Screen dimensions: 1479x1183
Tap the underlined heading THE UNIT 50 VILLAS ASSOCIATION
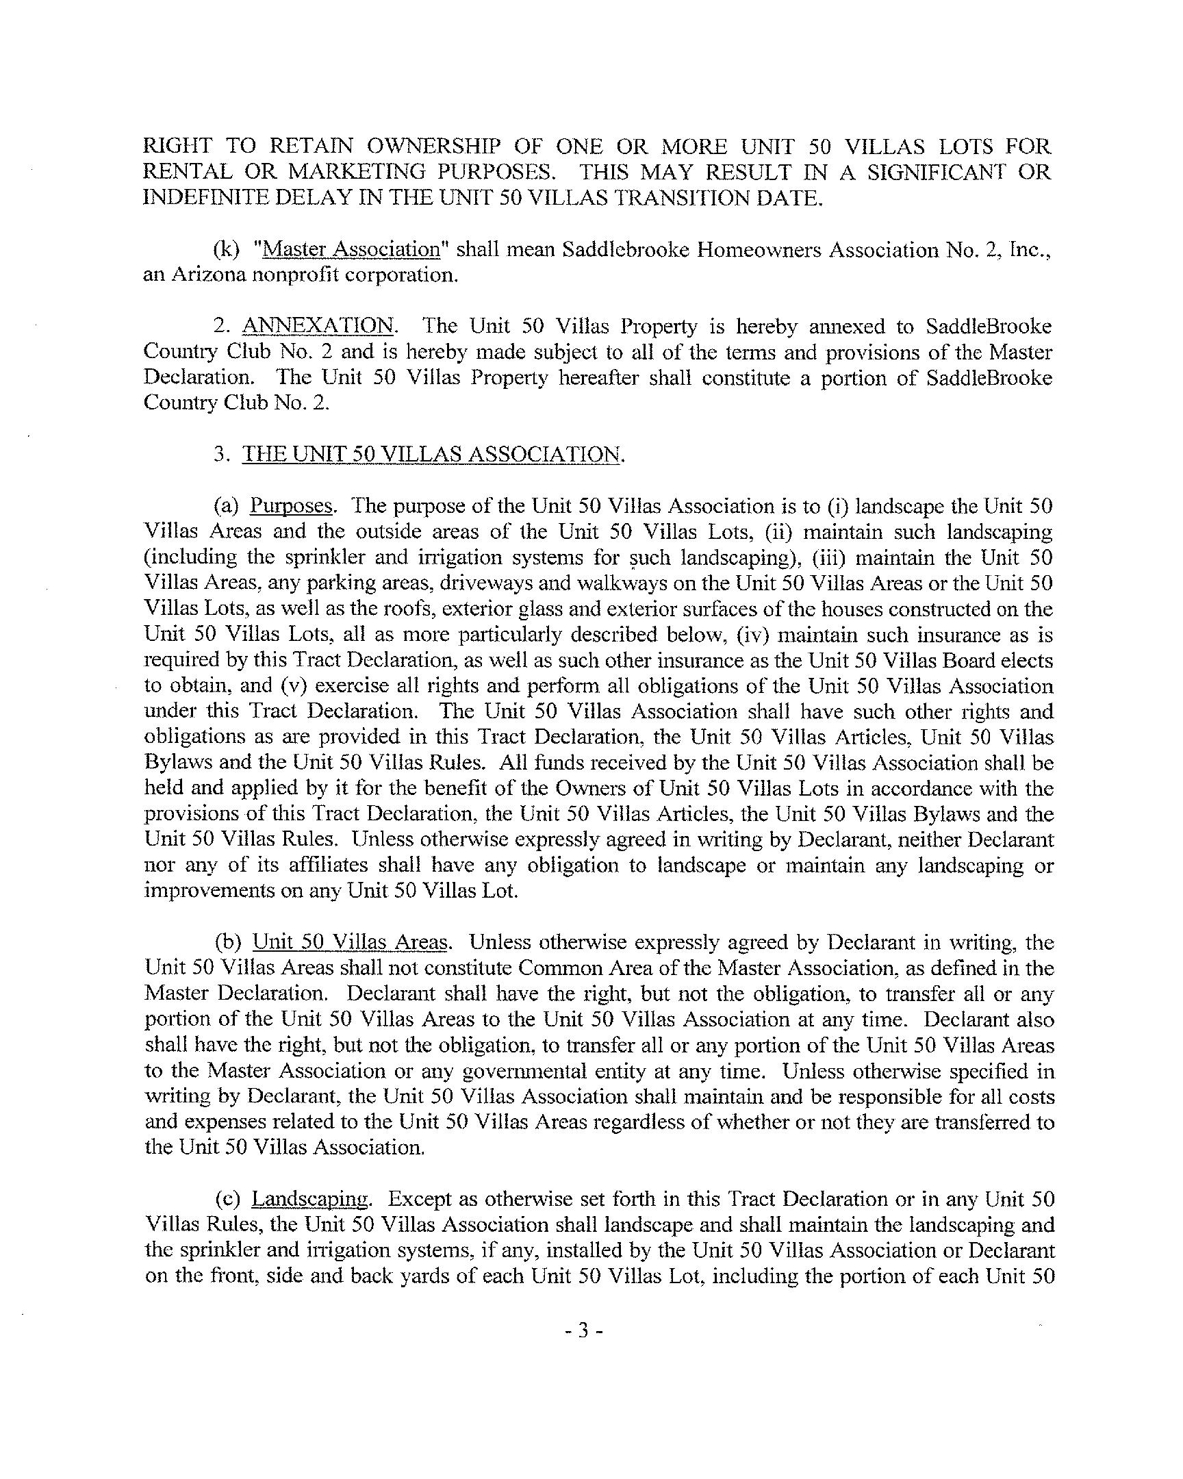(431, 454)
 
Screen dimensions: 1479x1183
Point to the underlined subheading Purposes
(292, 506)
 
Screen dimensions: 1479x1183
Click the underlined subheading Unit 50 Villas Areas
(350, 942)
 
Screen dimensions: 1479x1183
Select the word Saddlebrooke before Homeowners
(625, 249)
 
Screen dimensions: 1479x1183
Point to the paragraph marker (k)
(227, 249)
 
